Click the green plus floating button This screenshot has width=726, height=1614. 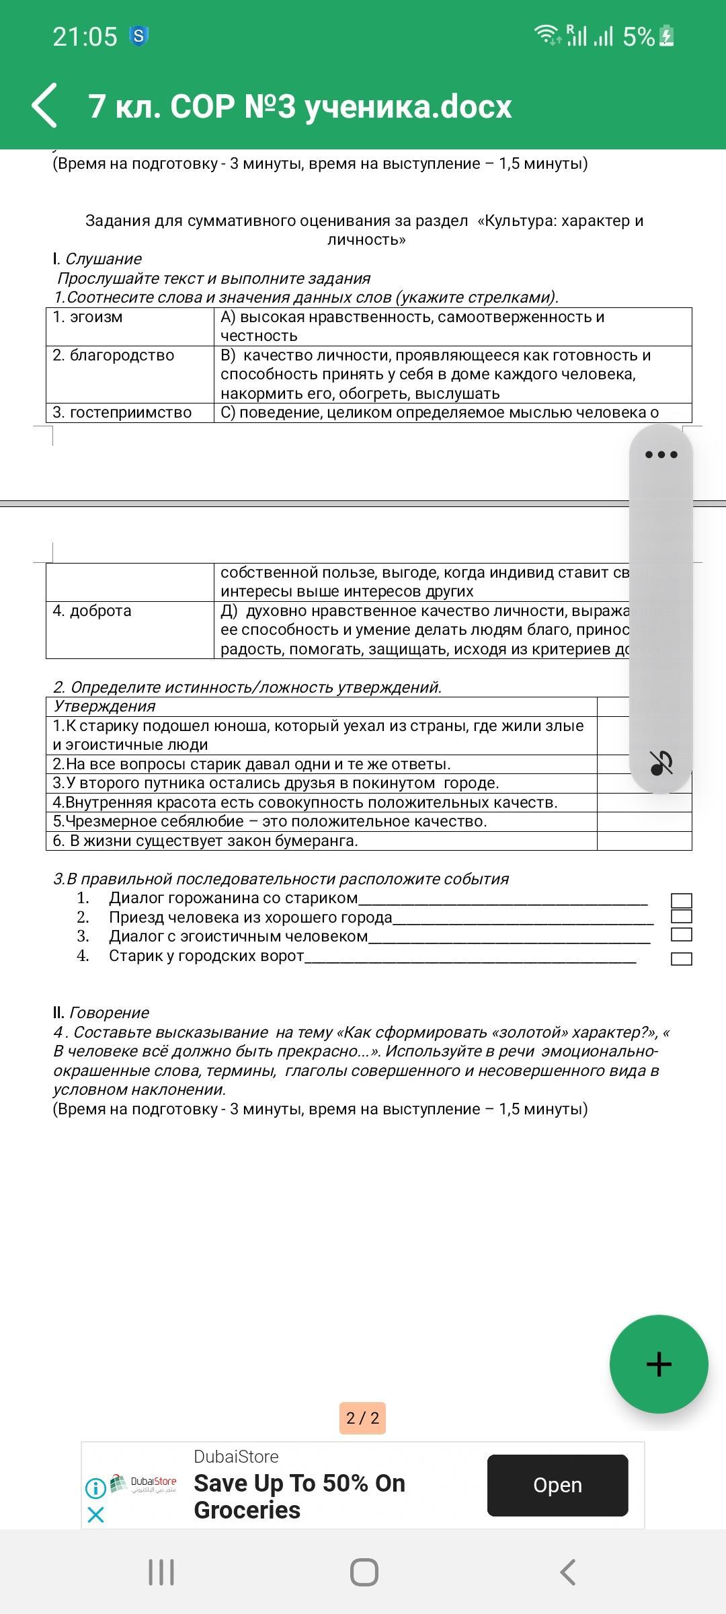tap(659, 1364)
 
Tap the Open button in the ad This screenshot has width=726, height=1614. tap(557, 1485)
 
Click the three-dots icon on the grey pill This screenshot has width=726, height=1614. tap(661, 455)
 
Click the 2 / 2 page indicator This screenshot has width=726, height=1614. tap(362, 1418)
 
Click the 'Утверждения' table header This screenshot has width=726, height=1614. tap(104, 706)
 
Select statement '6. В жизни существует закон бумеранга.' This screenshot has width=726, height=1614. tap(206, 841)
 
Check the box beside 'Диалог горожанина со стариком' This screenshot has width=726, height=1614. tap(681, 900)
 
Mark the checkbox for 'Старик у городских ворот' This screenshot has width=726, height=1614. tap(681, 959)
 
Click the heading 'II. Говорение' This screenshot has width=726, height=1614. tap(101, 1013)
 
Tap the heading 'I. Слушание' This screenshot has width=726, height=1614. tap(97, 259)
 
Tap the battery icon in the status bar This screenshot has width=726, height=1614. tap(666, 36)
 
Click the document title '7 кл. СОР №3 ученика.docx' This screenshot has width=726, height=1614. tap(300, 106)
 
